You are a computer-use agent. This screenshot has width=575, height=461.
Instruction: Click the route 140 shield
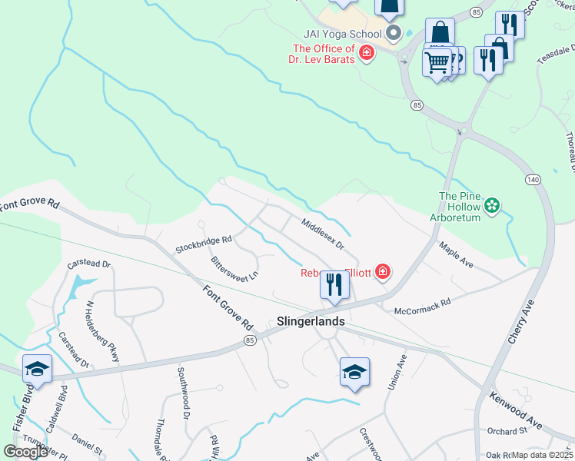533,179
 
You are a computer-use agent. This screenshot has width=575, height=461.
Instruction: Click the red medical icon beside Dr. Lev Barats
367,53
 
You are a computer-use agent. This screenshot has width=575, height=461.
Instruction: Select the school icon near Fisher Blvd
37,370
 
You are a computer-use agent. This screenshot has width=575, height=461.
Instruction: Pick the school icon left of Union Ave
354,372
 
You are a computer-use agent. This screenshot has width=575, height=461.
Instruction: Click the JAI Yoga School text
342,34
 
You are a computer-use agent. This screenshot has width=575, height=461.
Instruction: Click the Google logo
25,452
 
